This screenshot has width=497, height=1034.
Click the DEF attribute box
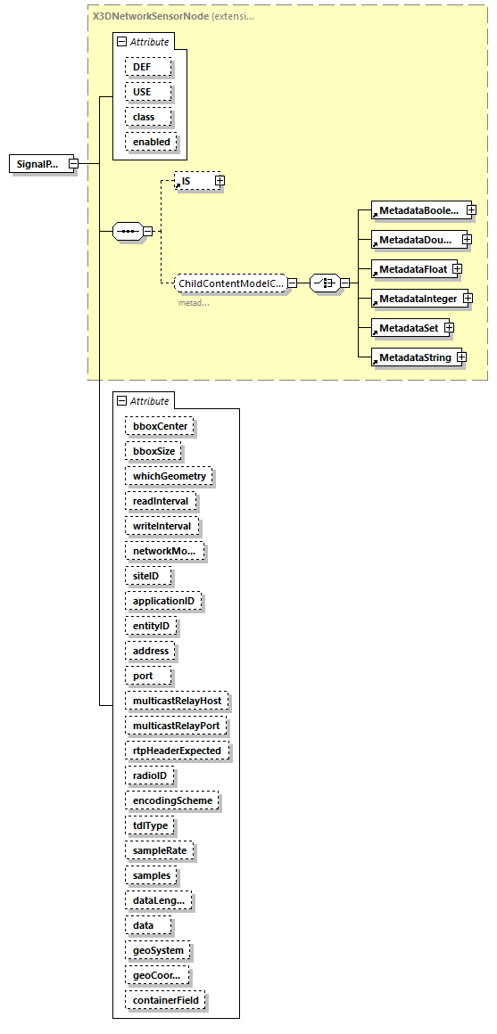tap(142, 67)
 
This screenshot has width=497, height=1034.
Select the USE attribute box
tap(142, 92)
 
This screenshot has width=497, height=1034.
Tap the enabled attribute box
tap(150, 142)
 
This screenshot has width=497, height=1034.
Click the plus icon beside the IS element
tap(220, 181)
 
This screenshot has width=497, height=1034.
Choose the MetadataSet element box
tap(408, 328)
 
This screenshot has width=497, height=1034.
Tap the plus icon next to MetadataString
tap(461, 357)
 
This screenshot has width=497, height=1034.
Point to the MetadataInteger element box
tap(416, 298)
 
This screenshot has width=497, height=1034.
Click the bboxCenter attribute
tap(160, 426)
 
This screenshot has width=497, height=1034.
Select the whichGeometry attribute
tap(169, 476)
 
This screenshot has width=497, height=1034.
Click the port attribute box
tap(142, 676)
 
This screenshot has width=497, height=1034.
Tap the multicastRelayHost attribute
tap(176, 701)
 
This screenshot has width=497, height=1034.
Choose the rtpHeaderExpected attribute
tap(176, 751)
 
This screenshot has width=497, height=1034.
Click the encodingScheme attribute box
tap(172, 800)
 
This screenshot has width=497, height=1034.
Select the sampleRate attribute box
tap(159, 850)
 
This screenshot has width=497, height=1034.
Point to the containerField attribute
tap(165, 1000)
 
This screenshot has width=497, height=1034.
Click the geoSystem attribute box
tap(158, 950)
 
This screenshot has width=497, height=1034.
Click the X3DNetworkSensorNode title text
tap(150, 15)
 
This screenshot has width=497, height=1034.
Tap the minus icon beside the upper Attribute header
tap(122, 42)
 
